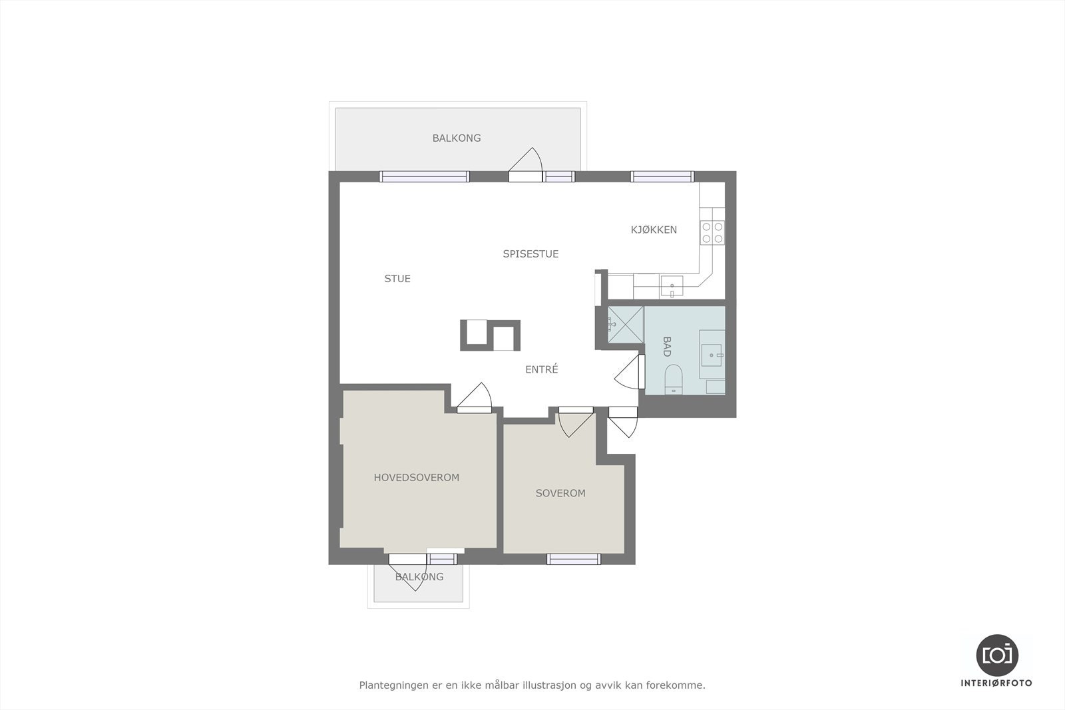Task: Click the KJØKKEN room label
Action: pos(654,230)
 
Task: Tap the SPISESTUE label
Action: pos(531,254)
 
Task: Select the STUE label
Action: pos(397,279)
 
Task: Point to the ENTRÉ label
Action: pos(541,369)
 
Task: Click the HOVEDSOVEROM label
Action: pos(416,478)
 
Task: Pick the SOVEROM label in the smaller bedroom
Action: pos(560,493)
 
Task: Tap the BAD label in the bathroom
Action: pos(666,347)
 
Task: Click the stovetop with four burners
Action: pos(712,232)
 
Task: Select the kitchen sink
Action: pos(671,287)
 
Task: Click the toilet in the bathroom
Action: pos(673,379)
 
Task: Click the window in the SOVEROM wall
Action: pos(573,559)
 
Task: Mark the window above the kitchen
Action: pos(662,176)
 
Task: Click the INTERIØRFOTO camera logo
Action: pos(996,655)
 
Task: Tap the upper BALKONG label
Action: pos(457,138)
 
